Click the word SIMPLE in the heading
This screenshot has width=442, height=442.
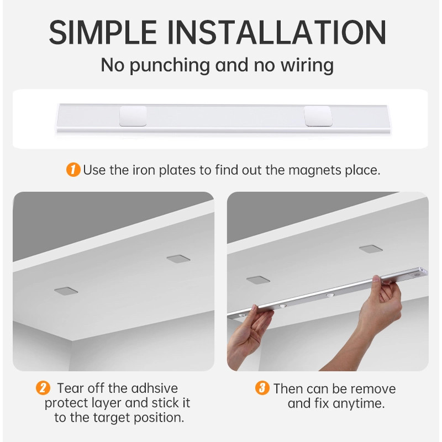click(x=103, y=33)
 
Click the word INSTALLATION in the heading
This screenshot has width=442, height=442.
click(x=277, y=33)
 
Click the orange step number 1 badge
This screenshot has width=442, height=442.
click(x=73, y=170)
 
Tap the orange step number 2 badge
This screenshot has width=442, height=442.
click(x=43, y=388)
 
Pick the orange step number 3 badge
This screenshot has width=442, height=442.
click(x=262, y=388)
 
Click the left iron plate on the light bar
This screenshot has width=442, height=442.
click(x=133, y=116)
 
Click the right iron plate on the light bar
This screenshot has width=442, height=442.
click(x=317, y=116)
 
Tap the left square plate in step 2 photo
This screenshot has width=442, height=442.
click(x=66, y=291)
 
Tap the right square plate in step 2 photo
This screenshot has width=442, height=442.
click(x=178, y=259)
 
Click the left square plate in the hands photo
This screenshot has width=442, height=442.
click(x=258, y=280)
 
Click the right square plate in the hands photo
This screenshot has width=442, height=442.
click(x=371, y=249)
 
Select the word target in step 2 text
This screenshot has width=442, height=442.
click(x=112, y=418)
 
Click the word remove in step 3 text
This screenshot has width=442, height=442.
click(x=373, y=389)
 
